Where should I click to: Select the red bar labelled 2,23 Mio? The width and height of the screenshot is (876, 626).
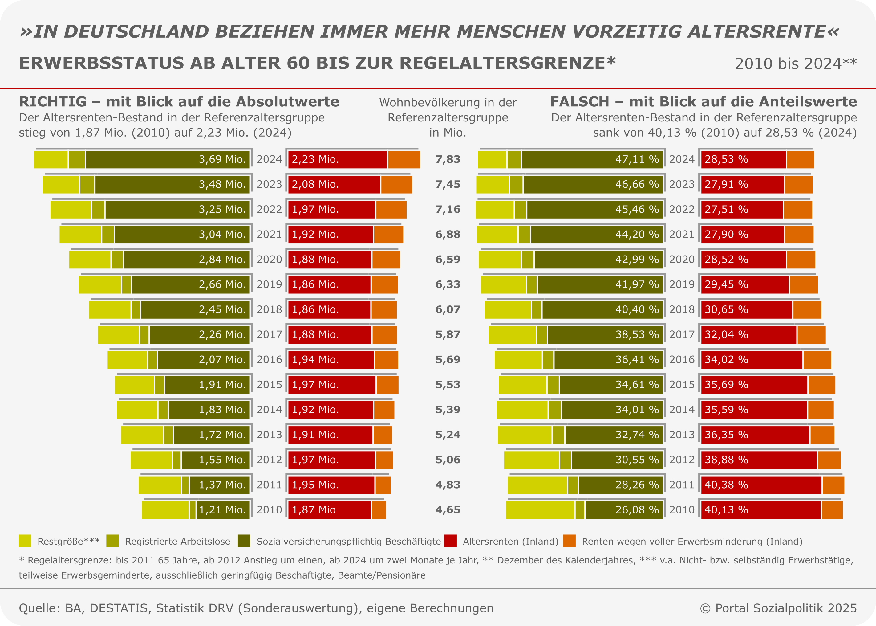click(x=337, y=160)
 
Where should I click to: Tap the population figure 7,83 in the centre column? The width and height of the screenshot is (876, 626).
click(x=448, y=159)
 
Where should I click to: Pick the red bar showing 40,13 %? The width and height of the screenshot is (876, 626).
click(x=760, y=510)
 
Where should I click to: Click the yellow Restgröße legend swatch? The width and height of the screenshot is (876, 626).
click(x=25, y=541)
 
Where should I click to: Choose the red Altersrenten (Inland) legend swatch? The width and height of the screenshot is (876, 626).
click(x=450, y=541)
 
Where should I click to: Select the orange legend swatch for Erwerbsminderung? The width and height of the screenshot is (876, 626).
click(x=569, y=541)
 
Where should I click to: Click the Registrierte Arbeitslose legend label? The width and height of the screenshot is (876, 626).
click(x=178, y=542)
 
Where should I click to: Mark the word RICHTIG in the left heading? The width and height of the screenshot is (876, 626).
click(x=53, y=102)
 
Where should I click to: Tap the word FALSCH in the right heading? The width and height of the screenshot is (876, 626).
click(x=580, y=102)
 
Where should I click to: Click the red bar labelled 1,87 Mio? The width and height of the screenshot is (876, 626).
click(x=329, y=510)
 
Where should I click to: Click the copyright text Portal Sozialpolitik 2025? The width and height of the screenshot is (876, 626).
click(x=786, y=608)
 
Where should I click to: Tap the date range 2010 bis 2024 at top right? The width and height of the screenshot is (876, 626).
click(x=796, y=63)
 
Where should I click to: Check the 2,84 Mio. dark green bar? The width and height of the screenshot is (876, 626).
click(x=187, y=260)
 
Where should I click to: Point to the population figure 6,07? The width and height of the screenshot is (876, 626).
click(x=448, y=309)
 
